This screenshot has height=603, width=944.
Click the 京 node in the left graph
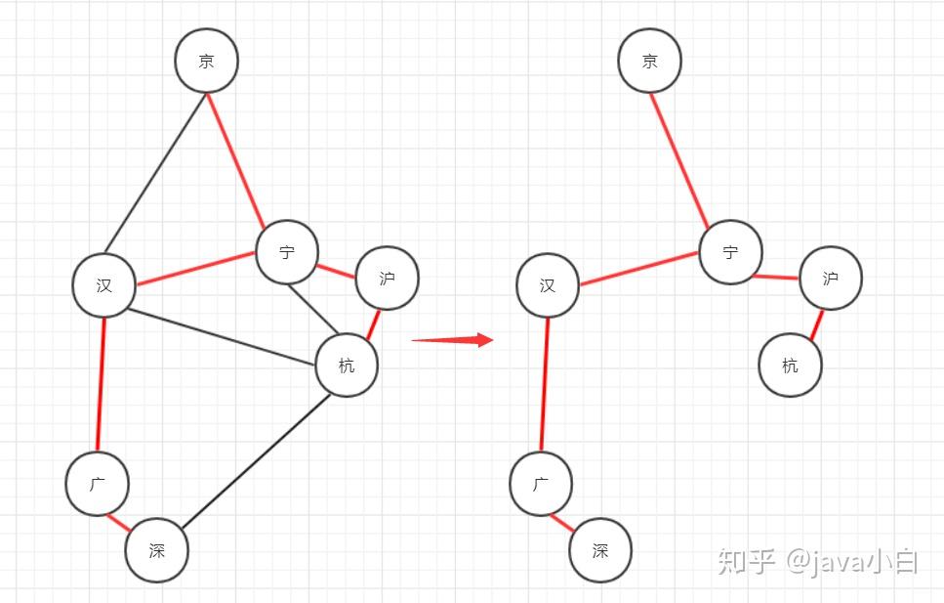[207, 61]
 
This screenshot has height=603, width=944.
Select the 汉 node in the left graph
[103, 285]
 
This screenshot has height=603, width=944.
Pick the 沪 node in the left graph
[387, 278]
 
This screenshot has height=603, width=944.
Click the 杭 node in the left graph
[347, 366]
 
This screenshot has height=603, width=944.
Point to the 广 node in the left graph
[98, 483]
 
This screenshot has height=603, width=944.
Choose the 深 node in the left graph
[156, 550]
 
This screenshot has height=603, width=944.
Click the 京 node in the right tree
[650, 61]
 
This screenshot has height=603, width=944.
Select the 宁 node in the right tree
[730, 252]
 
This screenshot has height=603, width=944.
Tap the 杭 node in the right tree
[791, 366]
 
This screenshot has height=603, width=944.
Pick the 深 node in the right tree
[600, 550]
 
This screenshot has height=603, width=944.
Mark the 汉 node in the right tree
[548, 285]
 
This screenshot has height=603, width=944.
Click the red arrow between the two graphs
[453, 340]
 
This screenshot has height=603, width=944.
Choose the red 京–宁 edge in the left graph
[234, 159]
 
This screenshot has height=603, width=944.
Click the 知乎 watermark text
[747, 561]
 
